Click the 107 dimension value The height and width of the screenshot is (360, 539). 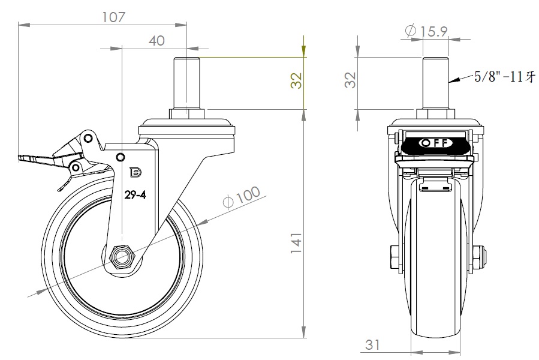point(114,17)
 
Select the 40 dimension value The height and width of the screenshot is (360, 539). point(156,41)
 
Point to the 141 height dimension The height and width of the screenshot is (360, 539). point(296,244)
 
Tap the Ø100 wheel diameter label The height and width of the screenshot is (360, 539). point(241,197)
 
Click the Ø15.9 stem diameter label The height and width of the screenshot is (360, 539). point(426,31)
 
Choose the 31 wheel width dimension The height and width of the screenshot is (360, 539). point(372,344)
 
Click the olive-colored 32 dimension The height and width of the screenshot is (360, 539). point(296,80)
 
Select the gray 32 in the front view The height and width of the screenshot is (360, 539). point(350,80)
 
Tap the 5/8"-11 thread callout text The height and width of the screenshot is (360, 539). point(505,76)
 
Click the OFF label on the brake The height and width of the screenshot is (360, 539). point(435,142)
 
